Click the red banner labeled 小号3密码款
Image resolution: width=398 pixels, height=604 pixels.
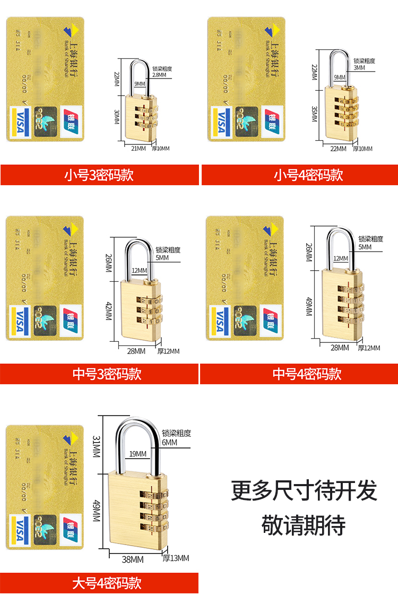pos(99,175)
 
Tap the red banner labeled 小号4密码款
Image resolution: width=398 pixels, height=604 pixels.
pos(300,175)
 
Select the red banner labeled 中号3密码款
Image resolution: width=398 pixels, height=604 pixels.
pos(99,374)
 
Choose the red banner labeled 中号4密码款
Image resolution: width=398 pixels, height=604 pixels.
pos(299,374)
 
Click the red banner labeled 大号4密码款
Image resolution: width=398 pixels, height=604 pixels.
pos(99,583)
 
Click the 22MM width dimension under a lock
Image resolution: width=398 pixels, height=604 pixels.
pos(338,148)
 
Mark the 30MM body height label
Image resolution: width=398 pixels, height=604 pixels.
pos(117,117)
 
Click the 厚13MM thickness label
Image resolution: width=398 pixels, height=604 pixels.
pos(176,558)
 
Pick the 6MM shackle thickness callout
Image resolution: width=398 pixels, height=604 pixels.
pos(170,442)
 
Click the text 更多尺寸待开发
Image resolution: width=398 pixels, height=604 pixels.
pos(304,490)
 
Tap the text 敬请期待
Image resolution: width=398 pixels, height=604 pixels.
pos(304,524)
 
